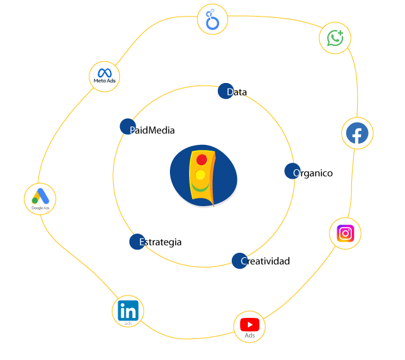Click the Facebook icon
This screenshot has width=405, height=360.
[357, 133]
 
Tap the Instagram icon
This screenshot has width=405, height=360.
[345, 233]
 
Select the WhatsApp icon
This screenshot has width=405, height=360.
[335, 38]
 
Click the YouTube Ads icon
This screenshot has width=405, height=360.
[249, 327]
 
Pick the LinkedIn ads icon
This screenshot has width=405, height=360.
[128, 311]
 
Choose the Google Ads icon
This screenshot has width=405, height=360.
[40, 199]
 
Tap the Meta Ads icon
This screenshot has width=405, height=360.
[105, 77]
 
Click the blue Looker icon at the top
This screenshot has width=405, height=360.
[213, 20]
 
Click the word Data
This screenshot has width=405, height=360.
[238, 93]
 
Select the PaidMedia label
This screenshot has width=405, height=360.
[153, 130]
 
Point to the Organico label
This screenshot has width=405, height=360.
[314, 173]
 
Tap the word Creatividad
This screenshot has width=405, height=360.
[266, 261]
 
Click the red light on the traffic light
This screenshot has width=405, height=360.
[201, 160]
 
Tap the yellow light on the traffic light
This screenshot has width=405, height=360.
[200, 175]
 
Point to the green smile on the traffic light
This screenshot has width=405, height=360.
[200, 188]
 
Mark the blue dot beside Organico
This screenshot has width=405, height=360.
[292, 171]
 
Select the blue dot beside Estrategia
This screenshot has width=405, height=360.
[137, 242]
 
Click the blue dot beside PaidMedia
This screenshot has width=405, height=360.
[128, 126]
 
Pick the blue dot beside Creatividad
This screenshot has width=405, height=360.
[239, 260]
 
